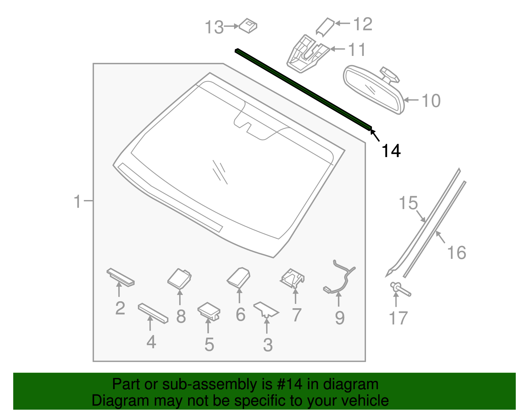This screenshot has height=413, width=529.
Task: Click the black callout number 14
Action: click(391, 151)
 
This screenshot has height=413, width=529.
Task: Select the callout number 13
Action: click(214, 27)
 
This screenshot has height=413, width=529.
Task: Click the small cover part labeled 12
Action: click(325, 26)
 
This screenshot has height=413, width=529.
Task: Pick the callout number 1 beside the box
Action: click(77, 201)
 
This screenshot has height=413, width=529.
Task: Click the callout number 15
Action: click(408, 203)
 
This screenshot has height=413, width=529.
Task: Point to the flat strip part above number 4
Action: click(153, 313)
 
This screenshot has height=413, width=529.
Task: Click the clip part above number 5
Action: click(209, 310)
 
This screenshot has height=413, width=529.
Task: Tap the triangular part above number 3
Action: click(266, 310)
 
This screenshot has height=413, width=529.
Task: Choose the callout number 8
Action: click(181, 316)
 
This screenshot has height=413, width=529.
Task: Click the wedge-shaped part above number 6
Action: click(239, 277)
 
